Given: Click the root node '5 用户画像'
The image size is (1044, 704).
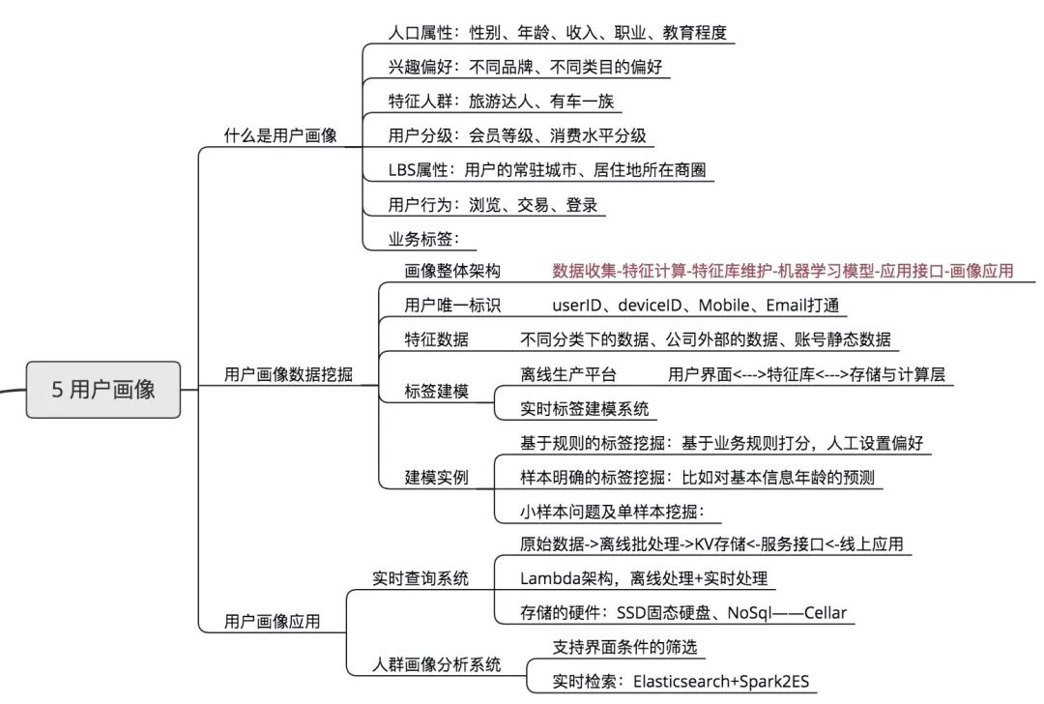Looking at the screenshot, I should [x=102, y=389].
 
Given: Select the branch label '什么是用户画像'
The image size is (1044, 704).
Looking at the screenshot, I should [x=280, y=135].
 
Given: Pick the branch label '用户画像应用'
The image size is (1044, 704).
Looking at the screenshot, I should [x=272, y=620].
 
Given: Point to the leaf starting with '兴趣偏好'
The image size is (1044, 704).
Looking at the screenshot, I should [x=525, y=67].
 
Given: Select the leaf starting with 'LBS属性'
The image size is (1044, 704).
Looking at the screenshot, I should [x=547, y=169].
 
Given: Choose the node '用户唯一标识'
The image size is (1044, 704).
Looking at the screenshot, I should [x=452, y=306].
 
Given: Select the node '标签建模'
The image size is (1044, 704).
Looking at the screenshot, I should [x=437, y=392].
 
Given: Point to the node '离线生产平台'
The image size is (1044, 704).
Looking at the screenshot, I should [x=568, y=374].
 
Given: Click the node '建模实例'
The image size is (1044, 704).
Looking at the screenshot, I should [x=437, y=477].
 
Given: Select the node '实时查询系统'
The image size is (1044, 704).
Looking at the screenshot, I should [x=420, y=578].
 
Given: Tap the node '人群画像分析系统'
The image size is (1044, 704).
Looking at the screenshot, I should [x=437, y=664].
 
